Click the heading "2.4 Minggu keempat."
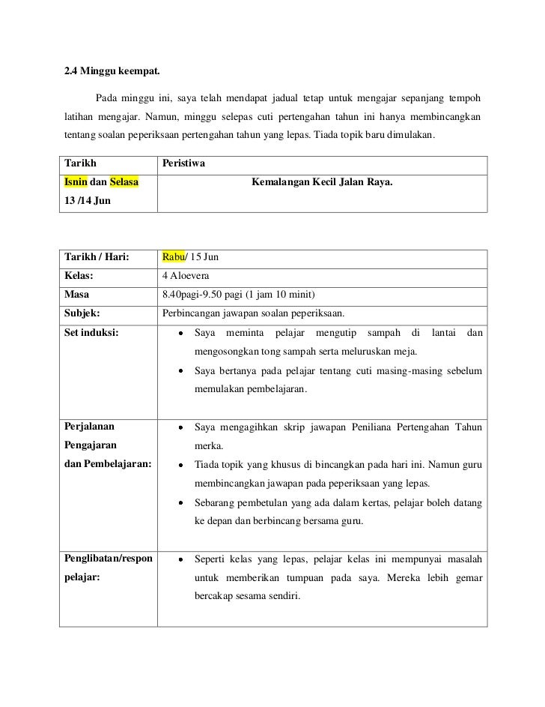point(112,72)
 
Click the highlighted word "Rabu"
point(173,258)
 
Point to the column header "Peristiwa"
point(184,163)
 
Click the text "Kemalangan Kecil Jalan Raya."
point(323,181)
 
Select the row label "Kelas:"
point(79,276)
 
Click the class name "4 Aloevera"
point(187,276)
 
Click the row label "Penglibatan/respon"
point(109,559)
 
